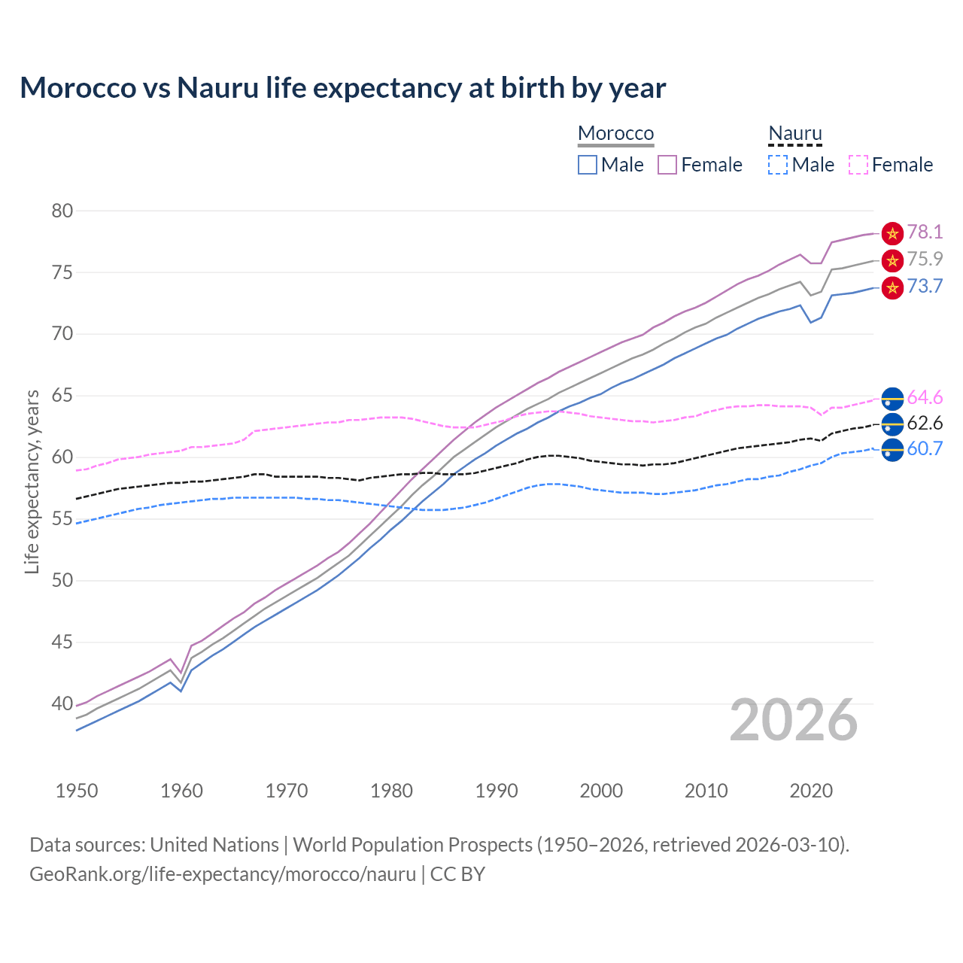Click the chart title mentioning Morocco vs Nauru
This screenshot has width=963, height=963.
tap(342, 88)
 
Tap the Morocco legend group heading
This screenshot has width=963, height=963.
tap(615, 133)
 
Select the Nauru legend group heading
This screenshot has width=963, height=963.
tap(794, 133)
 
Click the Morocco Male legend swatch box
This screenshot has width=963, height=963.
tap(588, 165)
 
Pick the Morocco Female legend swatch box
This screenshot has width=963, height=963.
tap(667, 165)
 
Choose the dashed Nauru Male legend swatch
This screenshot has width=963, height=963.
tap(778, 165)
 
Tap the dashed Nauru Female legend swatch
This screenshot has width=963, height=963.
tap(858, 165)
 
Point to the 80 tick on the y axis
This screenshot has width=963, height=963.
tap(62, 211)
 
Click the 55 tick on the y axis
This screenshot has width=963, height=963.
tap(62, 519)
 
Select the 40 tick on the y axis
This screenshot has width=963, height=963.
tap(62, 704)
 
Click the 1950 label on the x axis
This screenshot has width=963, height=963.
tap(77, 791)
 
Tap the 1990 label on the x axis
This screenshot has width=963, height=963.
tap(497, 791)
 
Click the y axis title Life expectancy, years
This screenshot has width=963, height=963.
tap(32, 481)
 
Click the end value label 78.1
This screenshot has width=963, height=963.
tap(925, 232)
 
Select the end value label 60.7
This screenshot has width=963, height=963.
tap(925, 449)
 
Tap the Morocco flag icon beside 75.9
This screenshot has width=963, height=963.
tap(892, 261)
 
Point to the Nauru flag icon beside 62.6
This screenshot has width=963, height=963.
tap(892, 424)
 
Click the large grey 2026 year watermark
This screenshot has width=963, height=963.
tap(794, 720)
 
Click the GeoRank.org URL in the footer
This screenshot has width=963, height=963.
tap(223, 874)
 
